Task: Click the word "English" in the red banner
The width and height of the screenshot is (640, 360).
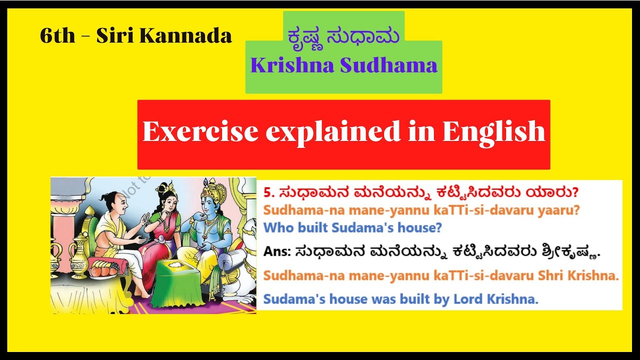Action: coord(493,132)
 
